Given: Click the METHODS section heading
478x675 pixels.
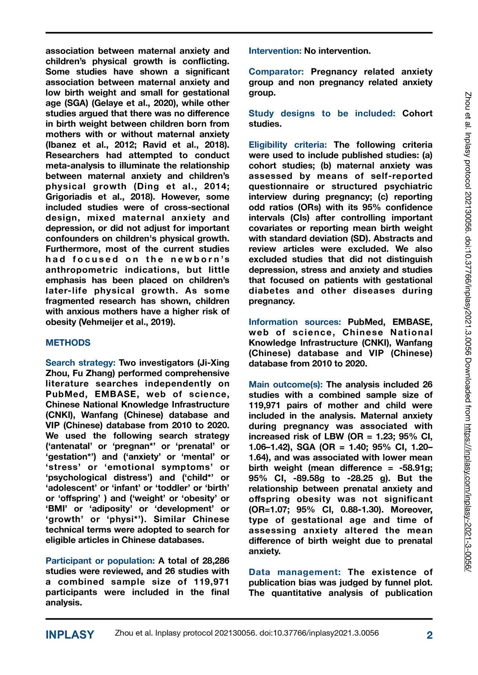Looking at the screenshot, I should coord(68,343).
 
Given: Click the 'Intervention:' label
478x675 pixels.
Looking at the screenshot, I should coord(275,51).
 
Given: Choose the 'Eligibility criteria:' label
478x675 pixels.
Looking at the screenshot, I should coord(288,145).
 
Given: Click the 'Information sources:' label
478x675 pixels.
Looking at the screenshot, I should coord(295,322).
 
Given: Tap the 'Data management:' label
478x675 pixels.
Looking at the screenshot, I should coord(295,572).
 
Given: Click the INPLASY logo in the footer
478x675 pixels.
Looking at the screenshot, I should coord(70,635).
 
